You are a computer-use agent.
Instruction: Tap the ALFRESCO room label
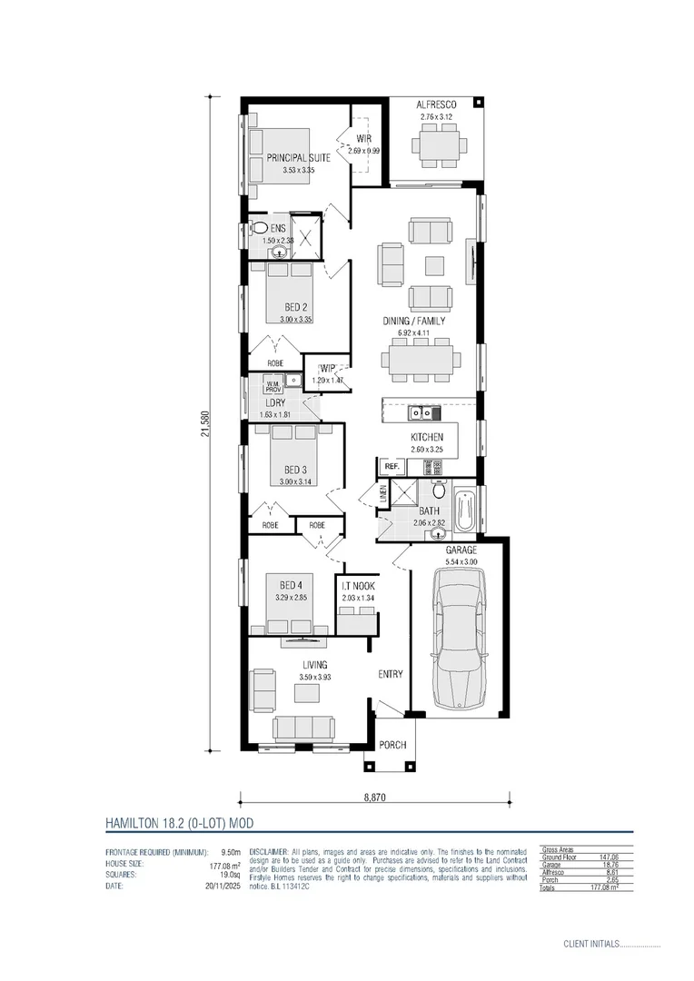point(436,105)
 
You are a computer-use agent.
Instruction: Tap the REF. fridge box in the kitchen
point(392,466)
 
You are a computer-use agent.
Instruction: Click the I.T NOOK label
point(358,586)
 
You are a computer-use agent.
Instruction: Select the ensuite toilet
point(259,229)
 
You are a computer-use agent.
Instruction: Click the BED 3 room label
point(295,470)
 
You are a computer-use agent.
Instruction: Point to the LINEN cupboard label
point(383,496)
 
